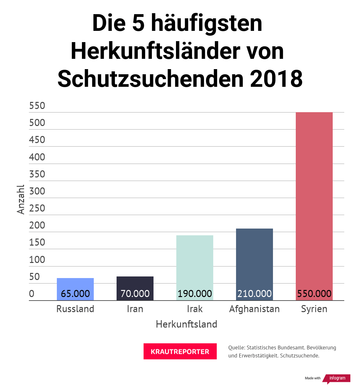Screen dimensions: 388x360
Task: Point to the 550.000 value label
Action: [314, 293]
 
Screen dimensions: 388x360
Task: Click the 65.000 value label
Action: [75, 293]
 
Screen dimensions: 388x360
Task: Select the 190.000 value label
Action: [195, 293]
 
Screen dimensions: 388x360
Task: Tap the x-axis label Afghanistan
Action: [254, 309]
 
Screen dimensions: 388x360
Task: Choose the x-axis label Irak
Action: [195, 309]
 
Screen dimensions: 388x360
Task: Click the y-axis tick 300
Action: [37, 191]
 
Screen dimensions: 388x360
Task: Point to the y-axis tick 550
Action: [37, 106]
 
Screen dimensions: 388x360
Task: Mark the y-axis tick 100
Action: [37, 259]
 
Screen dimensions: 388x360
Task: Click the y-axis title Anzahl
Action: [21, 199]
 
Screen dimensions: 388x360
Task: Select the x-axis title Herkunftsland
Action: [186, 324]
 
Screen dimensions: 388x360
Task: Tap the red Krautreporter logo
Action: [180, 351]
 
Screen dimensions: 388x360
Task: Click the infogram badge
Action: [337, 378]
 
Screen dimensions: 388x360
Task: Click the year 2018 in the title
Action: [276, 79]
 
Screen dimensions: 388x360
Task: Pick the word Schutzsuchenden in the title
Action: [151, 79]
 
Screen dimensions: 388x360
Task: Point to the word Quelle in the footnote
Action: [236, 347]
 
